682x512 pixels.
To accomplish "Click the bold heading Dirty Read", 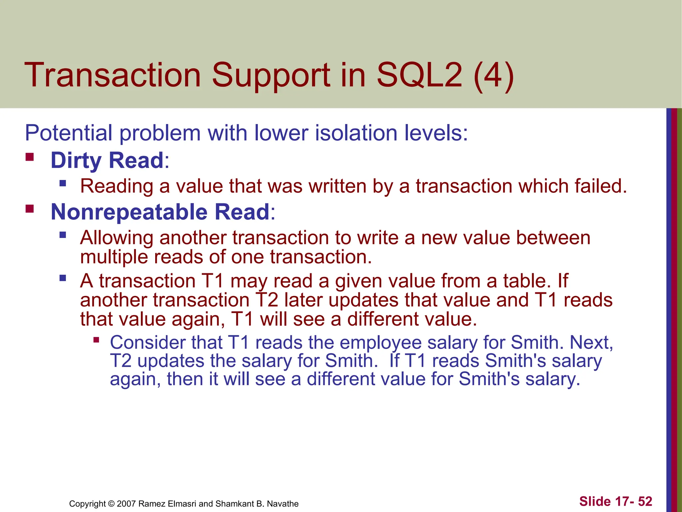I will click(107, 160).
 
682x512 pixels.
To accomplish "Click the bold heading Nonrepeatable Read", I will click(160, 212).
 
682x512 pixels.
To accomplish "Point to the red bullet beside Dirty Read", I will click(30, 157).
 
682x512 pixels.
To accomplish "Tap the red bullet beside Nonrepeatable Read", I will click(30, 209).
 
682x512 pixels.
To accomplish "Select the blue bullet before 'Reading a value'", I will click(63, 183).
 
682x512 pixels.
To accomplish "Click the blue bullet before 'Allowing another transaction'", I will click(63, 235).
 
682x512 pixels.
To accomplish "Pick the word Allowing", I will click(116, 238).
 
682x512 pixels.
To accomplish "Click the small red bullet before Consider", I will click(96, 340).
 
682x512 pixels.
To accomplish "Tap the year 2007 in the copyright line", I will click(126, 504).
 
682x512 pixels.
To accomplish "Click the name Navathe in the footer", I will click(283, 504).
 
